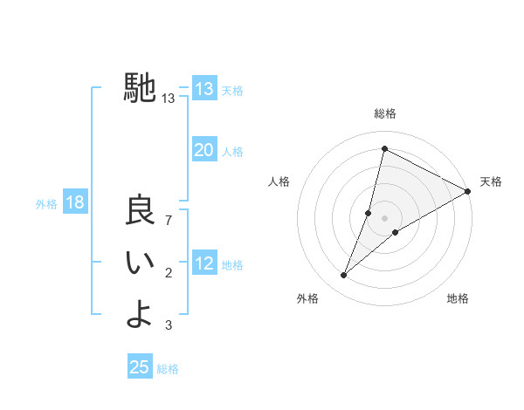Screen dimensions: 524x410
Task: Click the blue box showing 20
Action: (x=203, y=150)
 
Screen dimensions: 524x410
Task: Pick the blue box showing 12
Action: (x=203, y=263)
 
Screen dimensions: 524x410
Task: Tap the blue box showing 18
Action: (x=74, y=203)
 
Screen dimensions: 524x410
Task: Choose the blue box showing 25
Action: (x=140, y=367)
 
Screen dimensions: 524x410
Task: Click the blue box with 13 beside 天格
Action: (x=203, y=89)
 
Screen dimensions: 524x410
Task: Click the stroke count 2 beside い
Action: (x=169, y=274)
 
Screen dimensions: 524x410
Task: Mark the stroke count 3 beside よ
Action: (x=169, y=325)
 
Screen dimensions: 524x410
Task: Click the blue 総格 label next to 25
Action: (x=168, y=369)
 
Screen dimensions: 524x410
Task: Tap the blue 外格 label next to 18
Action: (x=46, y=204)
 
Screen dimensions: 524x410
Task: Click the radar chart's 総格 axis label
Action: (x=384, y=113)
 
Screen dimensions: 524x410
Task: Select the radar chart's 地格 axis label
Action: (x=458, y=298)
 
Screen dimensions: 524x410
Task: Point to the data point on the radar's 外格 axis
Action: (x=344, y=276)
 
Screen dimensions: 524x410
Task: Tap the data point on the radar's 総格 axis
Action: (x=384, y=148)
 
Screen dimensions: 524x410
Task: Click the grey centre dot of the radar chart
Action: (x=384, y=218)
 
